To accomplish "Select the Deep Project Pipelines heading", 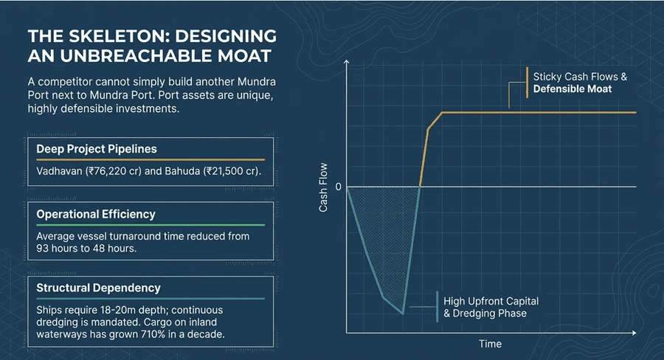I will coord(97,148).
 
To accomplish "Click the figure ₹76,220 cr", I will coord(112,171).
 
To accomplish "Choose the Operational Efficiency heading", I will coord(96,214).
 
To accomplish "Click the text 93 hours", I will coord(58,248).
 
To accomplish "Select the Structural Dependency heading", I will coord(98,287).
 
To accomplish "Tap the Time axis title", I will coord(490,344).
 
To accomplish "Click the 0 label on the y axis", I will coord(338,187).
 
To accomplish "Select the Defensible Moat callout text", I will coord(573,89).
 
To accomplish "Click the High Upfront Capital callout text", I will coord(491,301).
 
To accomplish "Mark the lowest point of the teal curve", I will coord(403,314).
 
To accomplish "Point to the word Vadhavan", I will coord(60,171).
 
